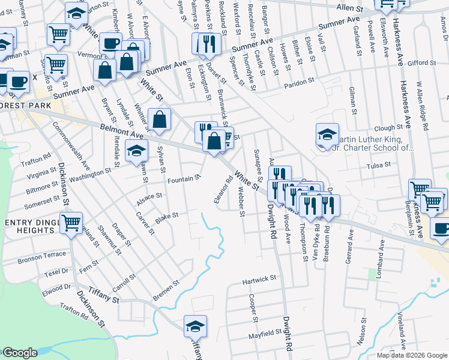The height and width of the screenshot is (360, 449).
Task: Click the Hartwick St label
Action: click(x=259, y=279)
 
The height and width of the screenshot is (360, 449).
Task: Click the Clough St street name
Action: click(x=388, y=128)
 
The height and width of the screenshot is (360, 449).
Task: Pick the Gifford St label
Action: click(x=420, y=62)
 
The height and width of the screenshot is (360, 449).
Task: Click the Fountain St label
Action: click(x=184, y=179)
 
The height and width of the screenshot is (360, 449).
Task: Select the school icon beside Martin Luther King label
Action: click(x=328, y=135)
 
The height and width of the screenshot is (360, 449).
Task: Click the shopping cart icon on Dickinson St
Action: click(x=71, y=223)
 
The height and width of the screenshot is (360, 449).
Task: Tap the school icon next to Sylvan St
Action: click(x=136, y=151)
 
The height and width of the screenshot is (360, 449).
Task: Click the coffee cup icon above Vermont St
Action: click(x=110, y=44)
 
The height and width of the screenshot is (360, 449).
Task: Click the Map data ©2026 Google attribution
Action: click(x=412, y=355)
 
